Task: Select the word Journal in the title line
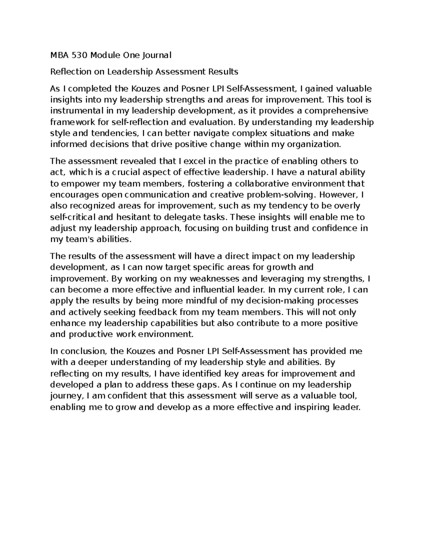coord(156,55)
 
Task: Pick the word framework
coord(70,122)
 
